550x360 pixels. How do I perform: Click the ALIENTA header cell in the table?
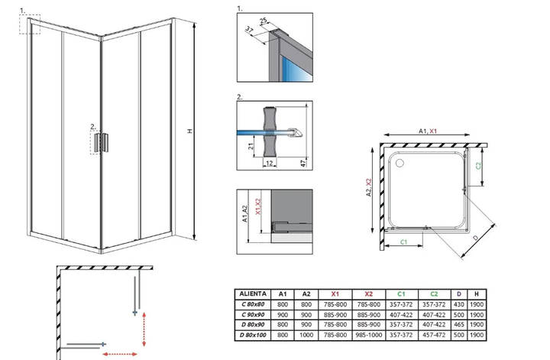tap(253, 294)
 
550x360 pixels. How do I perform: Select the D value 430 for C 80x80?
tap(458, 304)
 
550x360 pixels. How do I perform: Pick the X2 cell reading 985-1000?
tap(369, 335)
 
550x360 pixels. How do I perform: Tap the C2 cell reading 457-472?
tap(434, 335)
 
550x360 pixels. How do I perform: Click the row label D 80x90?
tap(253, 325)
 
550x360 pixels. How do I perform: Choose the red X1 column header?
tap(335, 294)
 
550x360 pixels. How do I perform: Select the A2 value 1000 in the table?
tap(306, 335)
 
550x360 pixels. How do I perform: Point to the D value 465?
tap(458, 325)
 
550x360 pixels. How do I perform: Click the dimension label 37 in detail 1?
tap(249, 30)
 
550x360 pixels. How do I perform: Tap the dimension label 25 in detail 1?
tap(263, 21)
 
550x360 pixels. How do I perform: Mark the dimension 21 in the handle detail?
tap(251, 146)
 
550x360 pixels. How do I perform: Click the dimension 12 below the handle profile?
tap(269, 163)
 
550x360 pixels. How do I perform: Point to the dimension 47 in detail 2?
tap(304, 163)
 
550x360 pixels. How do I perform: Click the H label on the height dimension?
tap(189, 131)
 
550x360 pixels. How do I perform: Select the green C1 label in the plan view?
tap(404, 242)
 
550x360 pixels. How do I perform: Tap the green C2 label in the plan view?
tap(478, 165)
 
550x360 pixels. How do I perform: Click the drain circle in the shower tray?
tap(400, 163)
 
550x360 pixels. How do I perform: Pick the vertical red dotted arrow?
tap(144, 329)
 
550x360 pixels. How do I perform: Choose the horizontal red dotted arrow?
tap(120, 355)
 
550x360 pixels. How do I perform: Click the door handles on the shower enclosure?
tap(101, 142)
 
